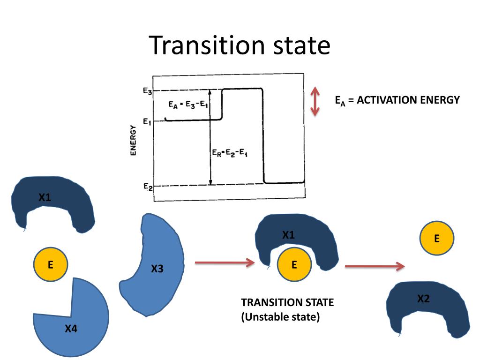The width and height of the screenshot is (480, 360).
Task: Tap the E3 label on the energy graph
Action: click(x=147, y=91)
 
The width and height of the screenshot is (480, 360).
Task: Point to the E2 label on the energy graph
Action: click(x=147, y=186)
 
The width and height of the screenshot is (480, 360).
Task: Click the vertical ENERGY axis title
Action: click(x=133, y=141)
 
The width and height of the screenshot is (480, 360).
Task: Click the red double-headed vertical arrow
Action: click(x=315, y=101)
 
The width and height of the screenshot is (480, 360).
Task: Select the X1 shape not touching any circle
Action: click(x=52, y=202)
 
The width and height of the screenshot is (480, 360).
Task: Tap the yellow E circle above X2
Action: click(x=436, y=239)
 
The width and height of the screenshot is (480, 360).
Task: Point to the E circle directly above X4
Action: click(x=51, y=264)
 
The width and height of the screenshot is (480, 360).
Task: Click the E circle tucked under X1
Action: click(x=294, y=265)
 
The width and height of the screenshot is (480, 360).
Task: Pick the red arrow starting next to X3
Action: click(x=224, y=263)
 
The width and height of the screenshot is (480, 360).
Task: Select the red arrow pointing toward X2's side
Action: click(x=375, y=266)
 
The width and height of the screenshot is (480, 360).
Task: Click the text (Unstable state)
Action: click(x=280, y=317)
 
